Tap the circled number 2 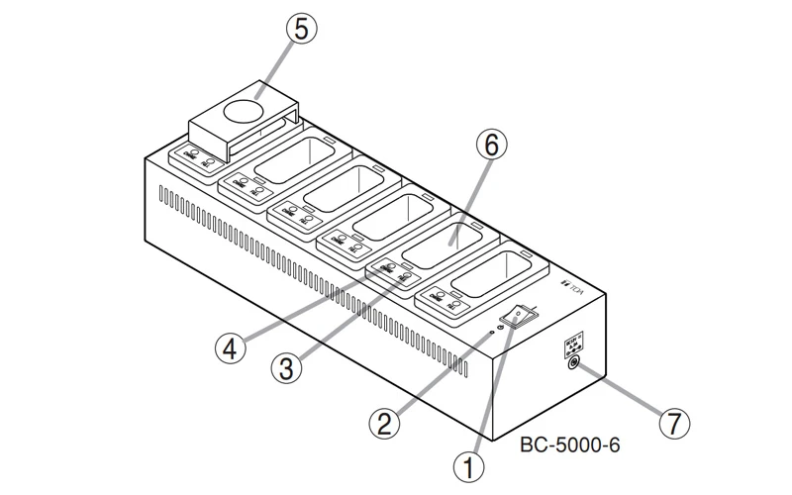pyautogui.click(x=384, y=424)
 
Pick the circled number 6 pyautogui.click(x=492, y=146)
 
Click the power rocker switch pyautogui.click(x=520, y=317)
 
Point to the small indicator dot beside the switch pyautogui.click(x=492, y=334)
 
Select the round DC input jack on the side pyautogui.click(x=571, y=363)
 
